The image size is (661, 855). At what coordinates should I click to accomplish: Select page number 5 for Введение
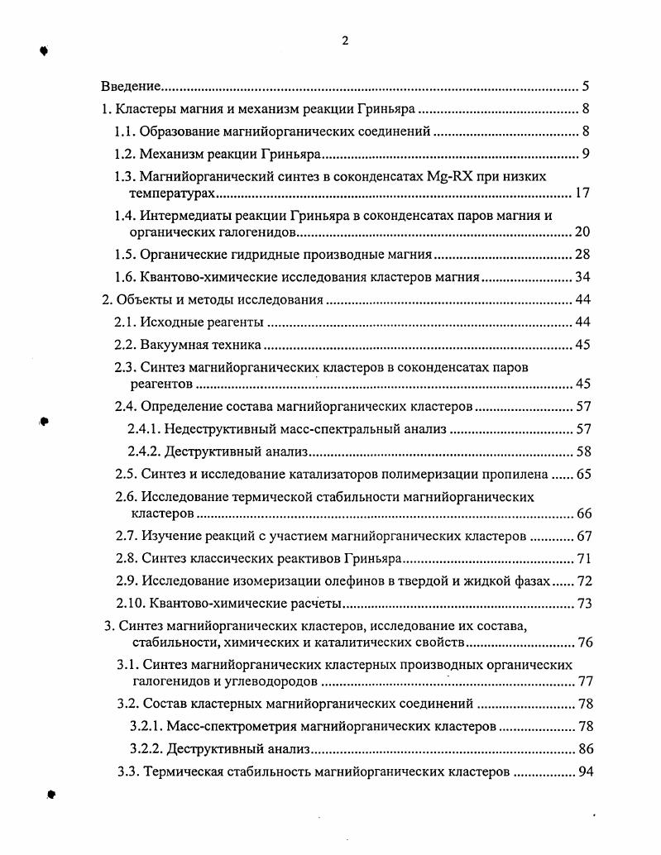[585, 86]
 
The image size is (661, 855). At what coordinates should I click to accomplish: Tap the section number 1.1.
[124, 131]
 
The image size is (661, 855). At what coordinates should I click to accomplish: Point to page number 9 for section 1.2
[585, 154]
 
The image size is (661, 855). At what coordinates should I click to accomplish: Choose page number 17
[582, 193]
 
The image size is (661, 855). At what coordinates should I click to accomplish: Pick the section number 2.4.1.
[144, 429]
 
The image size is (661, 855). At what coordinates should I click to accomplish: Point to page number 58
[582, 451]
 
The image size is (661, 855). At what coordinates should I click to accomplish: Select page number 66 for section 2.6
[582, 513]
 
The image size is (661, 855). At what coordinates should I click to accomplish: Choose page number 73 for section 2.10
[582, 604]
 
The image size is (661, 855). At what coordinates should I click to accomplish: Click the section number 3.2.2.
[146, 749]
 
